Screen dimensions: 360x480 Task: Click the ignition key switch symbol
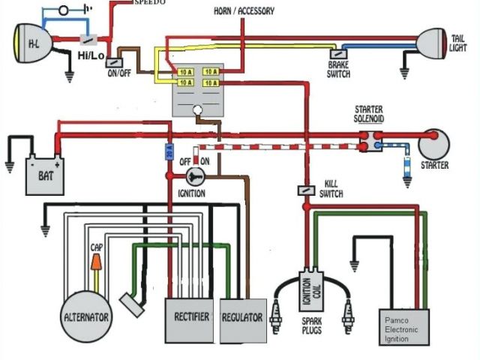click(x=195, y=177)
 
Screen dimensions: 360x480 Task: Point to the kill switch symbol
click(x=306, y=190)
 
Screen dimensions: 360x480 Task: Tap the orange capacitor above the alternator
click(x=97, y=263)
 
